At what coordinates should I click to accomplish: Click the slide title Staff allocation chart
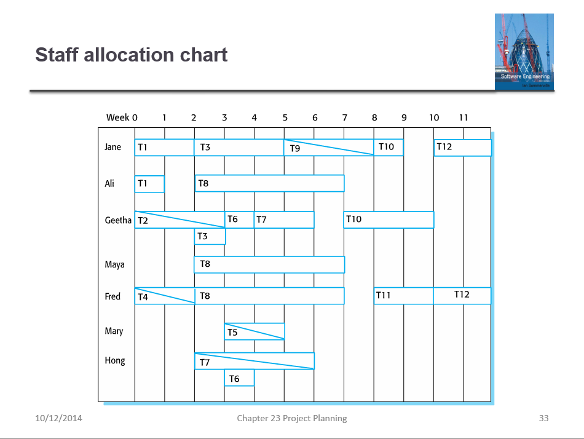click(132, 55)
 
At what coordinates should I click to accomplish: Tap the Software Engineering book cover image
click(524, 52)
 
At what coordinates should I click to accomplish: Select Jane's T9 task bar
click(329, 148)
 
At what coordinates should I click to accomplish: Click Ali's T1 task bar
click(149, 184)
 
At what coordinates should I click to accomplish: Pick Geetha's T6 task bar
click(240, 219)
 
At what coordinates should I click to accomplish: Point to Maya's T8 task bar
click(269, 264)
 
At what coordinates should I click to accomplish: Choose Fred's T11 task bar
click(403, 296)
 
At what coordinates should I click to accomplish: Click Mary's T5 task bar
click(255, 331)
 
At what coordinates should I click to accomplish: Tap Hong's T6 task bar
click(239, 378)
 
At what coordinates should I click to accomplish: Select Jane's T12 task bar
click(462, 148)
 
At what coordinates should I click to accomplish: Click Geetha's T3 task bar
click(210, 236)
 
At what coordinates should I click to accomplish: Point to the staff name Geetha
click(118, 220)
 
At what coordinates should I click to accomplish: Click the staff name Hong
click(115, 360)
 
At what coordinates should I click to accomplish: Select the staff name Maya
click(115, 264)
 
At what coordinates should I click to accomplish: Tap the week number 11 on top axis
click(464, 117)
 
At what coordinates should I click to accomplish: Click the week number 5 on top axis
click(285, 117)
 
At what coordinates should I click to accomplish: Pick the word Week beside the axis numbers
click(117, 117)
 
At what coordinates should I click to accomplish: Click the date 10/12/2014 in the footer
click(58, 418)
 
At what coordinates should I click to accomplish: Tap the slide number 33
click(543, 418)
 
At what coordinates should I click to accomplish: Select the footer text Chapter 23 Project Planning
click(292, 418)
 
